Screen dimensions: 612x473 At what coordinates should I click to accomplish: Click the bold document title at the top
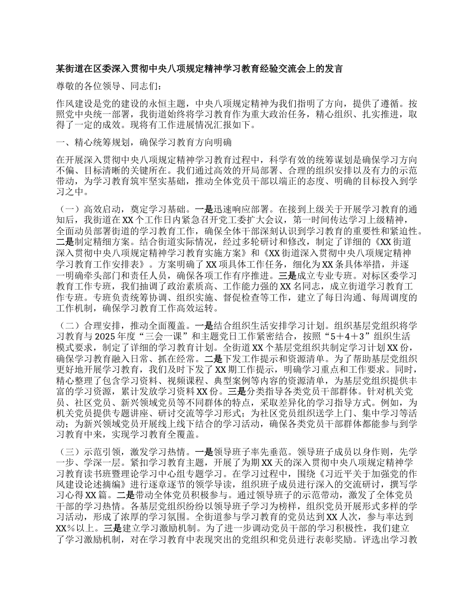click(199, 68)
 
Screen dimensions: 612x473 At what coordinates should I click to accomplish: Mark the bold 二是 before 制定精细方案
click(65, 242)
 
